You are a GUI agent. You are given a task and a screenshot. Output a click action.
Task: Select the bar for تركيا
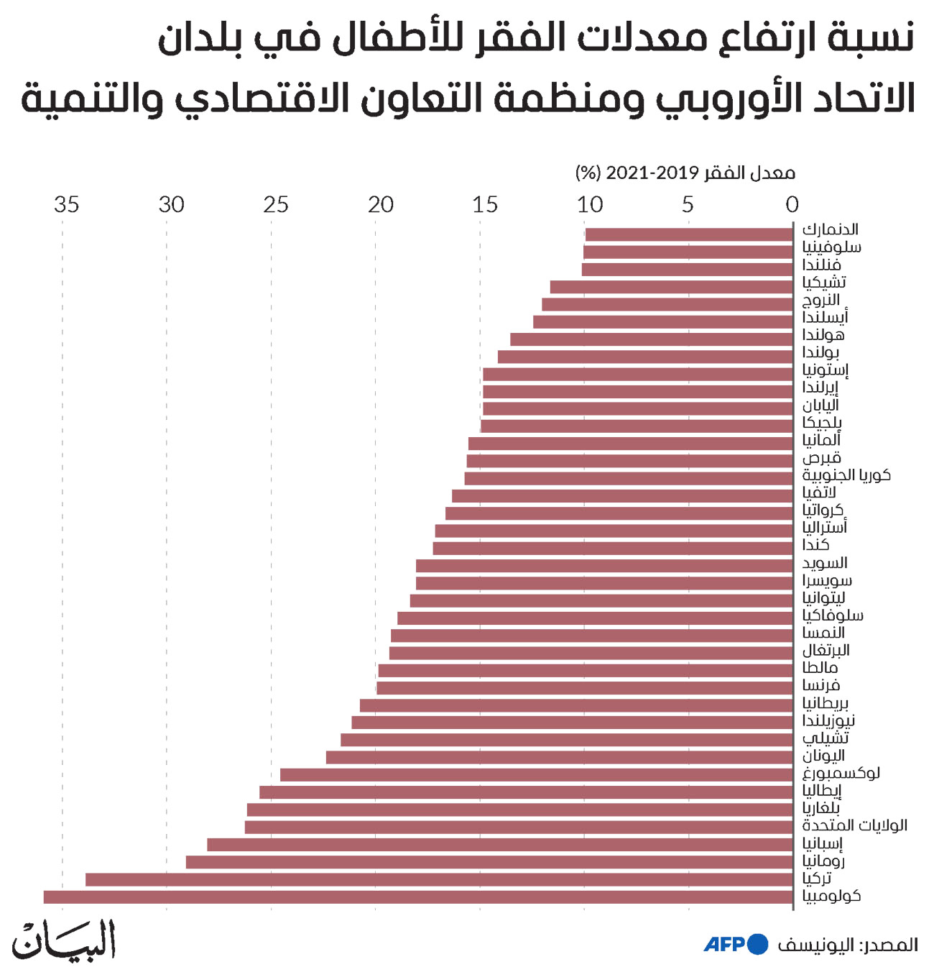pyautogui.click(x=439, y=879)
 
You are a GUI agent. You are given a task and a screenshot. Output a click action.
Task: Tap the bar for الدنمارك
pyautogui.click(x=689, y=234)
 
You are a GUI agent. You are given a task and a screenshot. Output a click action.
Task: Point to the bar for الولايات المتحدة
pyautogui.click(x=519, y=827)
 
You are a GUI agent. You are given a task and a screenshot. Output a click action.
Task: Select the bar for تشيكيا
pyautogui.click(x=671, y=287)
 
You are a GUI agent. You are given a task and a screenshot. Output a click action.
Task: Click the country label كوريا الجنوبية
pyautogui.click(x=846, y=475)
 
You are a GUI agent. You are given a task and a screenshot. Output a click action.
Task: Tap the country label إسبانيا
pyautogui.click(x=823, y=843)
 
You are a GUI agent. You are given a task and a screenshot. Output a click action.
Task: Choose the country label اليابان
pyautogui.click(x=820, y=405)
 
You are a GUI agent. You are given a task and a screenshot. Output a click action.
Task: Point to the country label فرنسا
pyautogui.click(x=820, y=685)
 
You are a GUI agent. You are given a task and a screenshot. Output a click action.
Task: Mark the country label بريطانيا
pyautogui.click(x=826, y=702)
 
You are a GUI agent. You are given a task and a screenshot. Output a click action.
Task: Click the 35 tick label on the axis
pyautogui.click(x=66, y=205)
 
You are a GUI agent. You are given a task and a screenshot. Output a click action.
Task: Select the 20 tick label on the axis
pyautogui.click(x=381, y=205)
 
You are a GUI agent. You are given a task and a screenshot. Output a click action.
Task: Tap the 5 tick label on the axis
pyautogui.click(x=688, y=205)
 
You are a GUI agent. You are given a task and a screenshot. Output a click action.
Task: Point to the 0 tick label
pyautogui.click(x=792, y=205)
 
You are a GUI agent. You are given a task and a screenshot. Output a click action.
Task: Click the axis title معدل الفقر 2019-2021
pyautogui.click(x=685, y=173)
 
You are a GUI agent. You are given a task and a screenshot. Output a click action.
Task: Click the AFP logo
pyautogui.click(x=735, y=944)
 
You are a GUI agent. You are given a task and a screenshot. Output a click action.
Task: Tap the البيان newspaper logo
pyautogui.click(x=64, y=939)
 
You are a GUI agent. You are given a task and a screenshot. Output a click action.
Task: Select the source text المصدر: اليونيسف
pyautogui.click(x=848, y=945)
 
